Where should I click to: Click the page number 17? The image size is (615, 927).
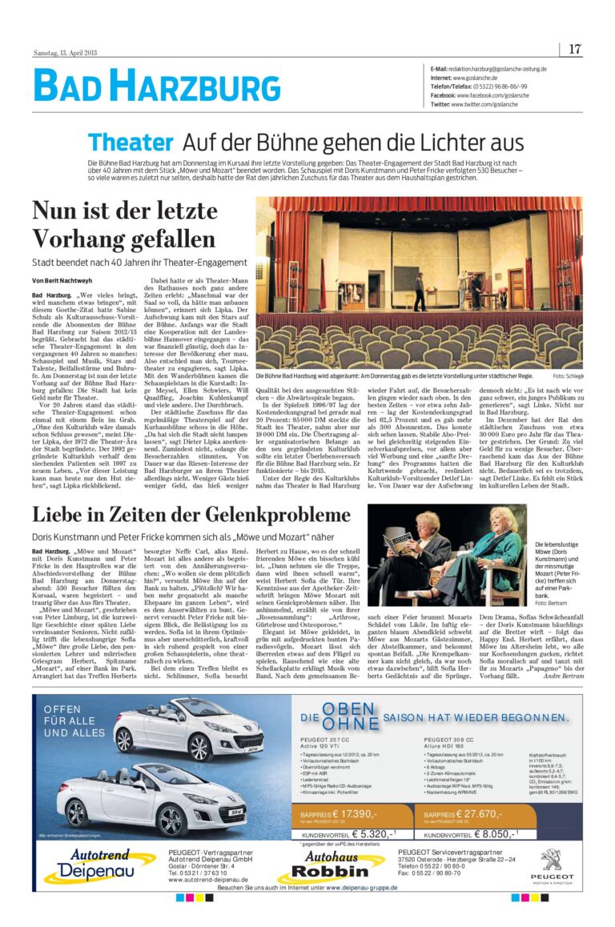[x=575, y=50]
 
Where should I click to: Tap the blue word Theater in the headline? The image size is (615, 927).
[x=131, y=142]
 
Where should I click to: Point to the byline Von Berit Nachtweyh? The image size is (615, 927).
[x=64, y=281]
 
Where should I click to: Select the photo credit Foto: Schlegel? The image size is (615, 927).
[x=567, y=376]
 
